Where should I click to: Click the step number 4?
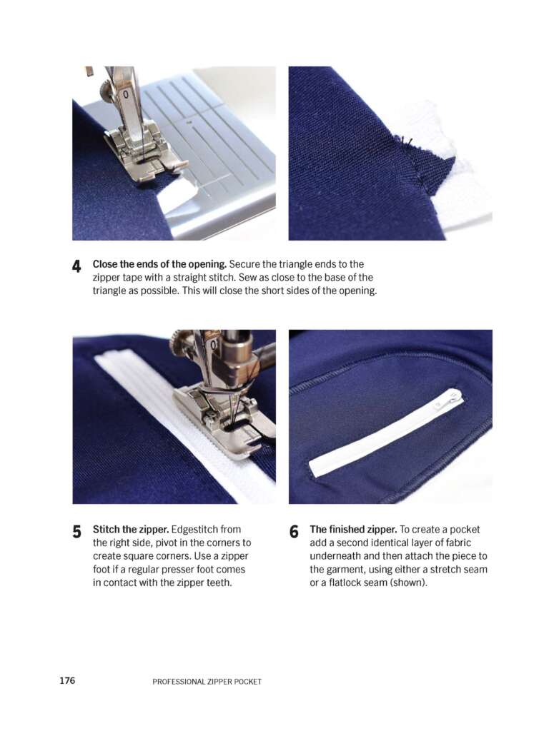[x=76, y=267]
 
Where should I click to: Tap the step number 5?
[x=77, y=532]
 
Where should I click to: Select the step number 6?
[x=294, y=532]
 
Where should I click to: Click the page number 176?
[x=67, y=680]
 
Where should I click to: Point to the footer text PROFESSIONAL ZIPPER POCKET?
[x=207, y=682]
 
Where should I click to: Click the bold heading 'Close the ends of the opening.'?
[x=159, y=264]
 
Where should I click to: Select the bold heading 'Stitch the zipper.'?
[x=131, y=530]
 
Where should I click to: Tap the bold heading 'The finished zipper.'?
[x=353, y=530]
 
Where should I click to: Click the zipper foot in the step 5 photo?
[x=219, y=420]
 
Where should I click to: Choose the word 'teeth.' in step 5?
[x=219, y=583]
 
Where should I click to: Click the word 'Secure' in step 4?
[x=244, y=264]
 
